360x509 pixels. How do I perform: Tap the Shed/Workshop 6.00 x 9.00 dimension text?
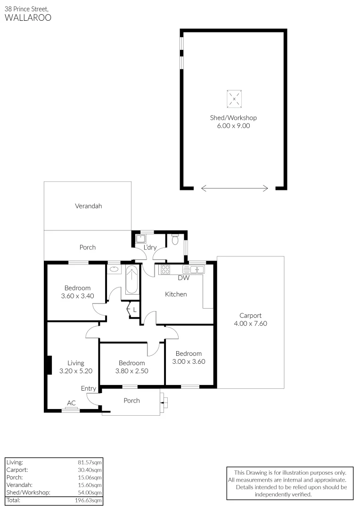pyautogui.click(x=233, y=126)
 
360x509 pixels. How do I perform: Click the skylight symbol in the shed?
pyautogui.click(x=234, y=99)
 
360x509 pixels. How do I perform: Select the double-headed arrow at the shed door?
pyautogui.click(x=234, y=189)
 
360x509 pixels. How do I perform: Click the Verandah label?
pyautogui.click(x=88, y=206)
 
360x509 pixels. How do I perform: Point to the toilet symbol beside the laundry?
pyautogui.click(x=175, y=240)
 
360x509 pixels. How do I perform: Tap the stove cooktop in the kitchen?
pyautogui.click(x=166, y=270)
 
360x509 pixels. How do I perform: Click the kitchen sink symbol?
pyautogui.click(x=193, y=270)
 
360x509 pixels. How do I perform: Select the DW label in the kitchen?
pyautogui.click(x=183, y=278)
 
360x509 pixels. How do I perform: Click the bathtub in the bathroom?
pyautogui.click(x=132, y=280)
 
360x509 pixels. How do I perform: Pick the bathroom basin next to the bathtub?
pyautogui.click(x=113, y=270)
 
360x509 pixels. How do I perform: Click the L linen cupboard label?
pyautogui.click(x=134, y=310)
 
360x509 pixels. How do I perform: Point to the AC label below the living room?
pyautogui.click(x=71, y=403)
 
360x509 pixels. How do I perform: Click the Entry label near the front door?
pyautogui.click(x=89, y=388)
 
